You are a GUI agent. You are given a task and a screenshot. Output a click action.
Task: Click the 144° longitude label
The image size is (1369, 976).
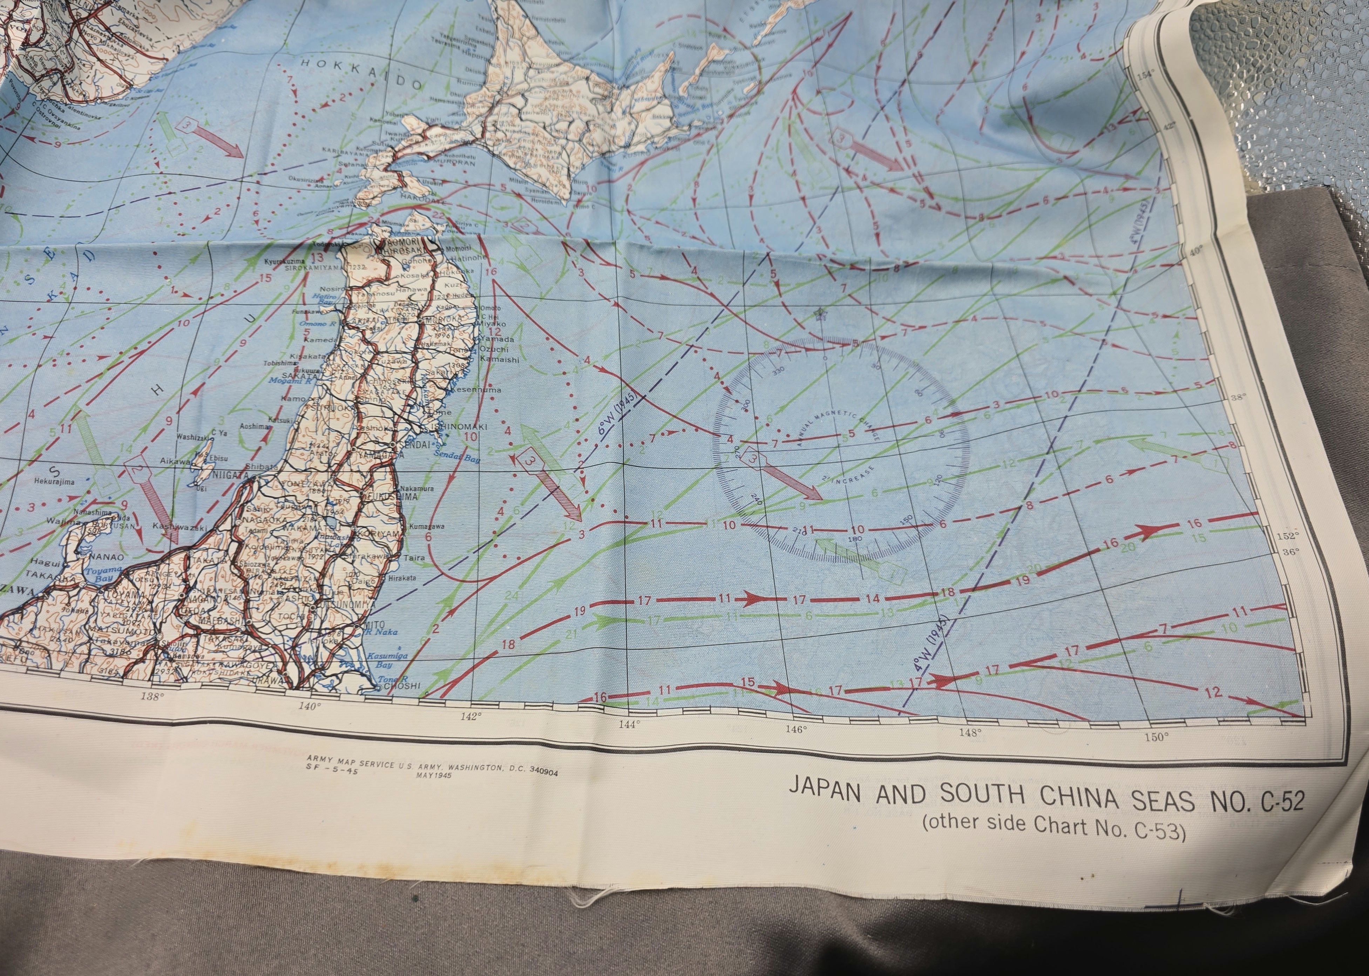tap(629, 725)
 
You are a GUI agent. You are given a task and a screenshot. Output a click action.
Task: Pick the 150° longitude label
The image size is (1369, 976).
tap(1155, 737)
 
